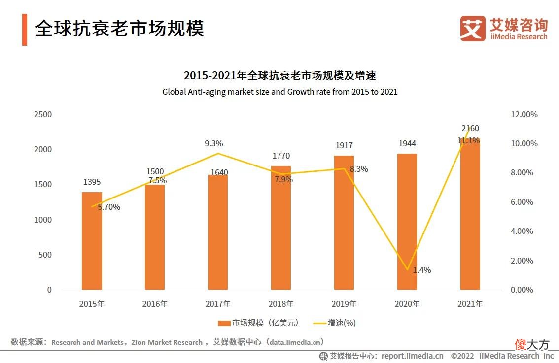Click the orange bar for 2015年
(x=92, y=241)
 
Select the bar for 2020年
(x=407, y=222)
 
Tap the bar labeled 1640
(x=218, y=232)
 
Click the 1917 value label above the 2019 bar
(x=344, y=146)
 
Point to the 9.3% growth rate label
(x=214, y=144)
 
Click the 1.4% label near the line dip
(x=422, y=270)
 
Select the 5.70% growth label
(x=109, y=207)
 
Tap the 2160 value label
(x=470, y=129)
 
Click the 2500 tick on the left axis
(x=42, y=114)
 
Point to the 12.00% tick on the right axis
(x=524, y=114)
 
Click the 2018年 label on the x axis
(x=281, y=304)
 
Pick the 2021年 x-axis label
(x=470, y=304)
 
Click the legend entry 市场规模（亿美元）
(x=258, y=323)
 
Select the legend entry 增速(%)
(x=335, y=323)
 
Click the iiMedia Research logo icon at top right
(x=472, y=29)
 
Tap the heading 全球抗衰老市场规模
(x=120, y=29)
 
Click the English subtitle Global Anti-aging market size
(x=279, y=92)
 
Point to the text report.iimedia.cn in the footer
(x=412, y=356)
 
